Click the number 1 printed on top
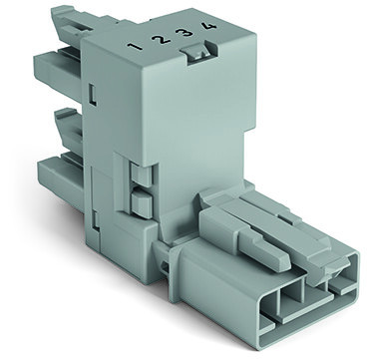pos(136,47)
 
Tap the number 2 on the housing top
pos(161,40)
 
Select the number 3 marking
pos(184,33)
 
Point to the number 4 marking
pos(208,25)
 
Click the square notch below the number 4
pos(198,52)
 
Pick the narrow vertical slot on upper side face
pos(93,95)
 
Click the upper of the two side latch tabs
pos(141,174)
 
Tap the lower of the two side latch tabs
pos(142,202)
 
